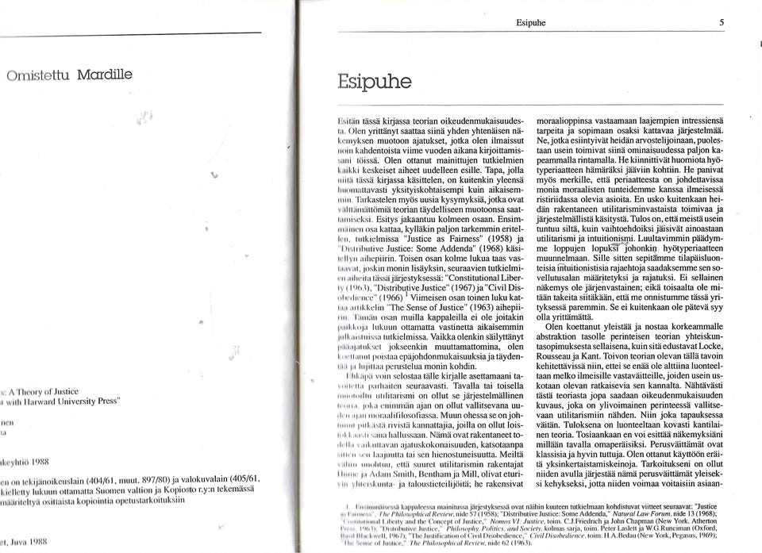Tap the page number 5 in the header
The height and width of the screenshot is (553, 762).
(722, 23)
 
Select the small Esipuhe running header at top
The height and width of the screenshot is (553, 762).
(529, 23)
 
